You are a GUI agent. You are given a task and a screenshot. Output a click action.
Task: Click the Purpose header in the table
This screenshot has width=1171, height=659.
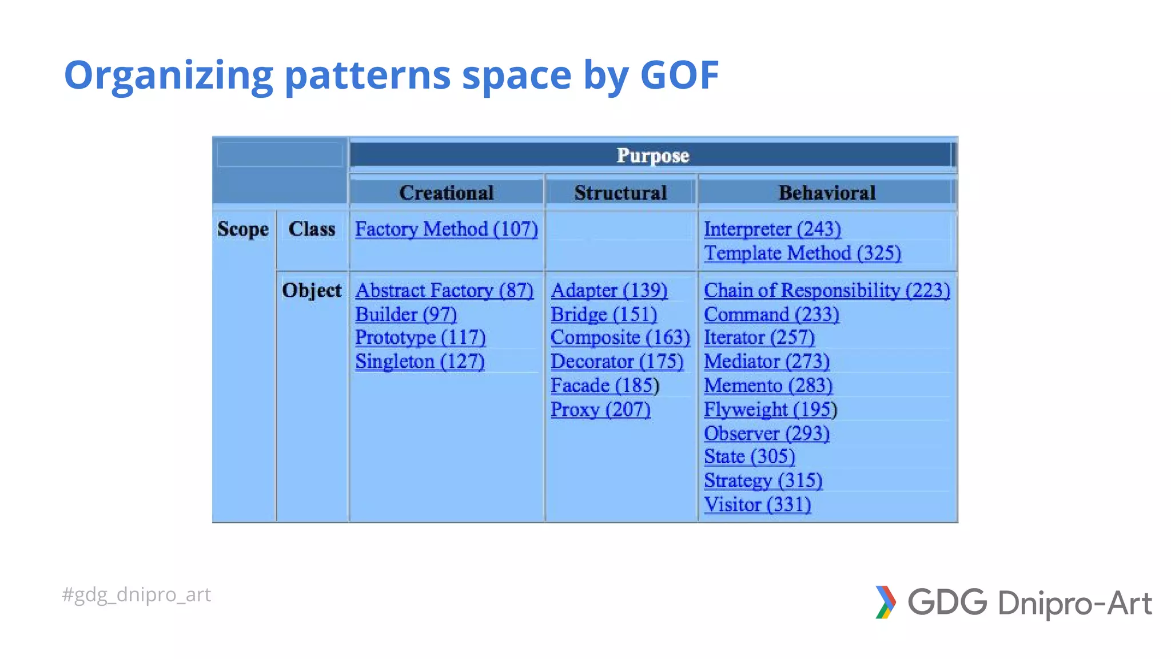click(652, 156)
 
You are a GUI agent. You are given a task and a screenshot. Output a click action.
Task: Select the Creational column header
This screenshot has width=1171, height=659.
click(446, 193)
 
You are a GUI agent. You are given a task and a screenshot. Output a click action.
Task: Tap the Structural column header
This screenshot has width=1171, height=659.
click(620, 193)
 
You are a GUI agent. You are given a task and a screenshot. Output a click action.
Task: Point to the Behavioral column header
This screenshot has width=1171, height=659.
click(827, 193)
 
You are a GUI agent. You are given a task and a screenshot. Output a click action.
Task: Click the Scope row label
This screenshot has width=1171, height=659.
click(243, 229)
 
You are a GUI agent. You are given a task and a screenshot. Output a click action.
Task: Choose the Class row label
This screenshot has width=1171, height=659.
click(312, 229)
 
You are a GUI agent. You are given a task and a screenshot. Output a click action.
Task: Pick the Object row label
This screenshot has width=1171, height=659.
click(312, 290)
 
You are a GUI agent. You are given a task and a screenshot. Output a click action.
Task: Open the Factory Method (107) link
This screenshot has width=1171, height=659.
click(446, 229)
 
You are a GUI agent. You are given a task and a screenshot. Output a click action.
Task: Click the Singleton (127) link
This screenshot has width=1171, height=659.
click(420, 362)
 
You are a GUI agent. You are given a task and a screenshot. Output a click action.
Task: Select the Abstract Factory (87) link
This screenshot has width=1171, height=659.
click(444, 290)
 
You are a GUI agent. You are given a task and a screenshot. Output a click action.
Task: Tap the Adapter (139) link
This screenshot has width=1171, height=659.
click(609, 290)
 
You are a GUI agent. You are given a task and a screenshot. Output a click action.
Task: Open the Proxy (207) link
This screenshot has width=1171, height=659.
click(600, 410)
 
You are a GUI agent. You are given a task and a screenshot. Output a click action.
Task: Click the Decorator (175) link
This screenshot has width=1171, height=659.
click(617, 362)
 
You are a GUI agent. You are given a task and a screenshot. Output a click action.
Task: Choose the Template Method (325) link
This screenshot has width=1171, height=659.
click(802, 253)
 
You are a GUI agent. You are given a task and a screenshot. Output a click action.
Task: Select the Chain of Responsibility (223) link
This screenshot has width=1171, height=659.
click(827, 290)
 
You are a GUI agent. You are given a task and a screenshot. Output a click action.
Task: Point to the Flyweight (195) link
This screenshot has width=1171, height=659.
click(770, 410)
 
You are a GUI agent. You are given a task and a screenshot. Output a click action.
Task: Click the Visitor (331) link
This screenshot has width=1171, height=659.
click(757, 505)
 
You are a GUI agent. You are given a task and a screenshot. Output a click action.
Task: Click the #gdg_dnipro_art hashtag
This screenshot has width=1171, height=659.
click(137, 595)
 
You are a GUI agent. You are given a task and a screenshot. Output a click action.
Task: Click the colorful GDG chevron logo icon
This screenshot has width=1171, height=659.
click(885, 602)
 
